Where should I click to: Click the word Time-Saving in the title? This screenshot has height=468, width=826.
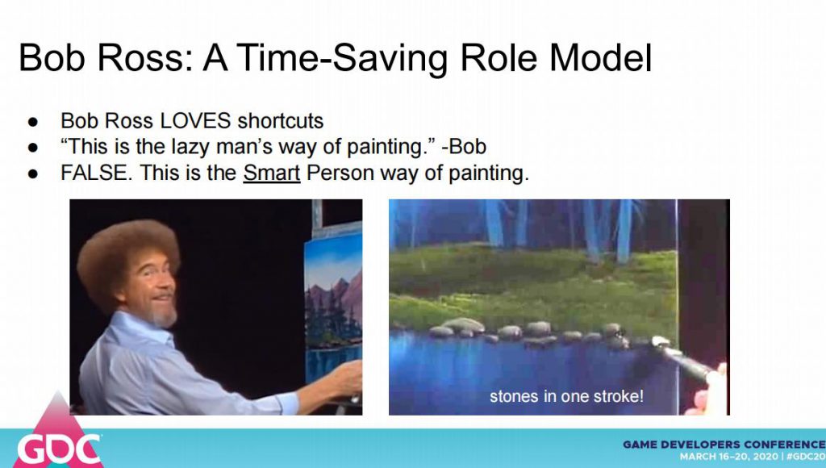point(344,58)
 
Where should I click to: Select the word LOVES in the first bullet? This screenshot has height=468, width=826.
point(195,121)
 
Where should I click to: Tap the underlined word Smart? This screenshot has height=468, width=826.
point(271,173)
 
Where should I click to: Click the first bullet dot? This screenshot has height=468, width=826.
point(33,122)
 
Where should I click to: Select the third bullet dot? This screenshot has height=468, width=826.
point(33,173)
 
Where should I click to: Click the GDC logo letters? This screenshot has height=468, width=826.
point(58,449)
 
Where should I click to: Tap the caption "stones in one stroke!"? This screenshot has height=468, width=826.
point(566,396)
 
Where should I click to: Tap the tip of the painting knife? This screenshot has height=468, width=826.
point(655,341)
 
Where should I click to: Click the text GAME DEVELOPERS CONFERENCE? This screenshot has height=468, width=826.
point(724,445)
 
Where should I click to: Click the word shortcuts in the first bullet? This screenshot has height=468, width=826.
point(280,121)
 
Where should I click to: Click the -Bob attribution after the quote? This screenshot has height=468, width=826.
point(464,147)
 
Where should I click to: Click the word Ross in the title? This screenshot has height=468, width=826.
point(144,57)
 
